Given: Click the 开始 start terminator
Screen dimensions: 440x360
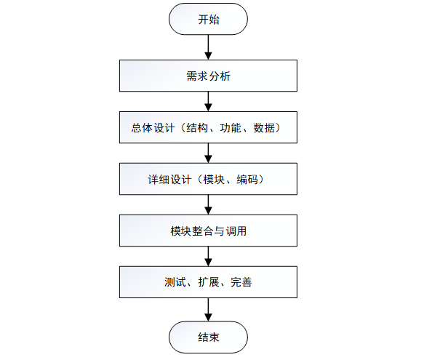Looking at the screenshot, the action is (208, 19).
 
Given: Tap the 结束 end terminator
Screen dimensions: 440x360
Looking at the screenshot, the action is (208, 337).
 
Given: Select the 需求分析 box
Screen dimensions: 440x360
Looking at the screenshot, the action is (208, 76).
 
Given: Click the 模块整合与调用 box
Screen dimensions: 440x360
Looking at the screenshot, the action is (208, 231).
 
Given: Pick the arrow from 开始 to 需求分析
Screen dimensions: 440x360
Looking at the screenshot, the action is (208, 47).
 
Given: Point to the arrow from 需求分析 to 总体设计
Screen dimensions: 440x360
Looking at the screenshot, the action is (208, 102).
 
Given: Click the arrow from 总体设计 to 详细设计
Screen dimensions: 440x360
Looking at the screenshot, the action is (208, 153).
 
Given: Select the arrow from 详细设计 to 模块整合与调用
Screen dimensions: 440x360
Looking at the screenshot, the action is (208, 205).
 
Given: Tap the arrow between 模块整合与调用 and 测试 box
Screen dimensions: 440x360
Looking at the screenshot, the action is (208, 257).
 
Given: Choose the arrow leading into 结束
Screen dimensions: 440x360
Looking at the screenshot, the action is (208, 310).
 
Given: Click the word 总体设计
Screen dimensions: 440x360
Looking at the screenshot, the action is (153, 128).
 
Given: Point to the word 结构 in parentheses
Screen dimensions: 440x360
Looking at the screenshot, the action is (197, 128).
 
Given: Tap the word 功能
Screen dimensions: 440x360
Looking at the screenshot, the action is (231, 128).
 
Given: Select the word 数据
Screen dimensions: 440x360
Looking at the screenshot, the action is (264, 128).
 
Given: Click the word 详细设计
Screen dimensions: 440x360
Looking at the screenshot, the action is (169, 180).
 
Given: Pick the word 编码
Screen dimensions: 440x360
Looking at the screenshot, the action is (247, 180).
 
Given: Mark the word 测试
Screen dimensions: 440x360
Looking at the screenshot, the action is (175, 282).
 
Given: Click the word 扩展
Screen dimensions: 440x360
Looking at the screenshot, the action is (209, 282).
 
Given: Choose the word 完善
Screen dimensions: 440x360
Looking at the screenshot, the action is (241, 282).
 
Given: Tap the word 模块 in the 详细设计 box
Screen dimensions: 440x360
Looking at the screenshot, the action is (214, 180).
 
